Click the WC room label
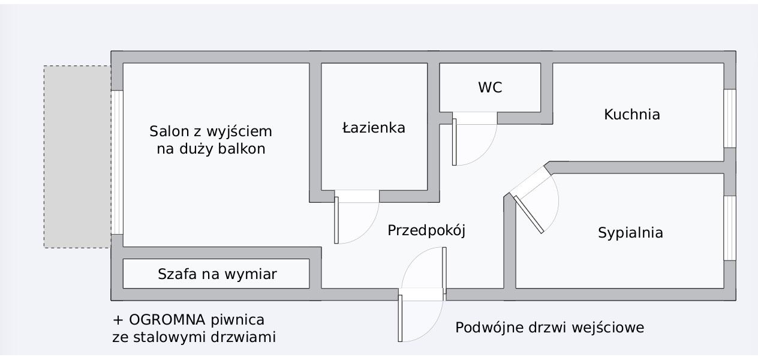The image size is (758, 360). (490, 88)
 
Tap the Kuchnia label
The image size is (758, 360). (632, 114)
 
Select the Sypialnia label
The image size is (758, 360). (630, 233)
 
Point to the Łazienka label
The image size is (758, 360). (374, 128)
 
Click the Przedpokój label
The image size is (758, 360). (426, 230)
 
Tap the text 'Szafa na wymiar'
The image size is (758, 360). (217, 274)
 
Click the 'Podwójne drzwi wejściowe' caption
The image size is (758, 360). (549, 328)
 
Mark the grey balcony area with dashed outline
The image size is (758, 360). (77, 156)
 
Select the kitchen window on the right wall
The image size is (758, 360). (729, 118)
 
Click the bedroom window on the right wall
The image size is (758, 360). (729, 227)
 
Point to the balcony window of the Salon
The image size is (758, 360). (118, 162)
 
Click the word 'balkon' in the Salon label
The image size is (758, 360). (243, 149)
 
